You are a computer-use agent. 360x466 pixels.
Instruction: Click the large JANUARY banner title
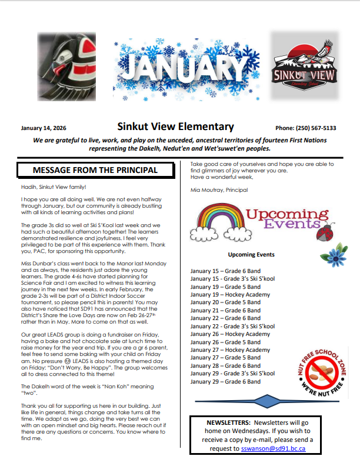pyautogui.click(x=179, y=69)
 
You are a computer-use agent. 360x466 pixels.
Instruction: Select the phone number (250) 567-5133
pyautogui.click(x=305, y=128)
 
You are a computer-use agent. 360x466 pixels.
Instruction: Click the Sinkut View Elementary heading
pyautogui.click(x=175, y=127)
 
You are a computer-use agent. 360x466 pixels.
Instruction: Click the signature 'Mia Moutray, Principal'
pyautogui.click(x=219, y=190)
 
